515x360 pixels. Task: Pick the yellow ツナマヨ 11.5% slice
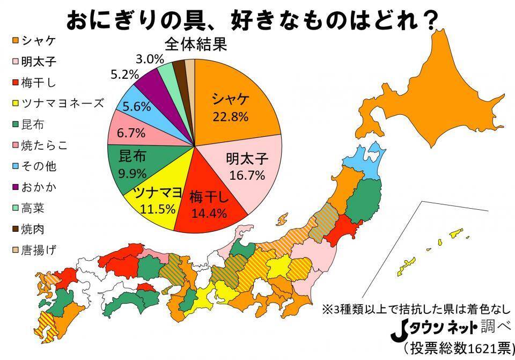point(153,199)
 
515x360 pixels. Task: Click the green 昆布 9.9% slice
point(131,163)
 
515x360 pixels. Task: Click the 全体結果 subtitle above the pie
point(196,43)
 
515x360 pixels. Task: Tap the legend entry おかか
point(40,187)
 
